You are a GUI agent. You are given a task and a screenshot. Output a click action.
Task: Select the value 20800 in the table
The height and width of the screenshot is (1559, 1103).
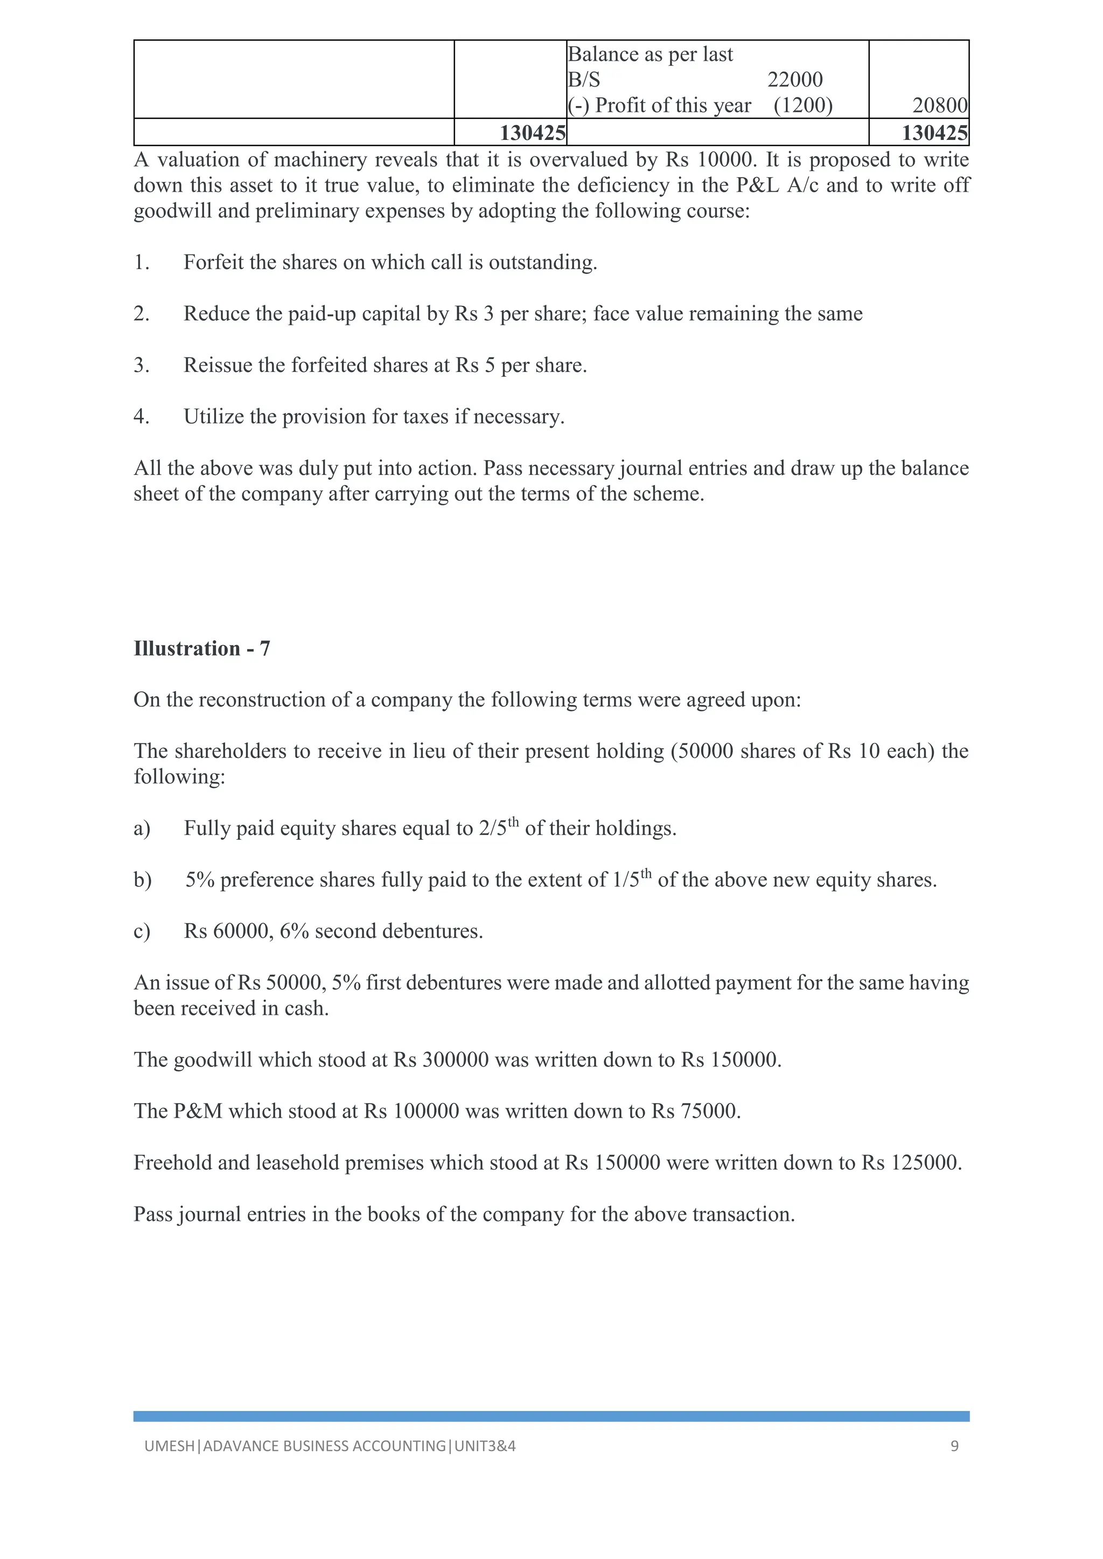(x=940, y=106)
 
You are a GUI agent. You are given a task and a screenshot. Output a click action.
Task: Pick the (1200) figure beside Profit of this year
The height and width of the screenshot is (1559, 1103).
(x=803, y=106)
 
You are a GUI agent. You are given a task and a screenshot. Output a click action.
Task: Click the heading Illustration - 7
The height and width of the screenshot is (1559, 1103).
(x=202, y=649)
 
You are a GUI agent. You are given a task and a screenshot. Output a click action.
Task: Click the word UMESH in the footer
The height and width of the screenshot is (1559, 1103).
(x=169, y=1446)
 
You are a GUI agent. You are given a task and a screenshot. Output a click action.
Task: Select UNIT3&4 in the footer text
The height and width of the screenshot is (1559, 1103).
(x=485, y=1446)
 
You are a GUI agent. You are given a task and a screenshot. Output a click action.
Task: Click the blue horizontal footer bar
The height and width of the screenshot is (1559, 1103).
(x=551, y=1416)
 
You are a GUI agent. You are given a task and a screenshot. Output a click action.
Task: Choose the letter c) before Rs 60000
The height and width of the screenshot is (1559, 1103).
(x=142, y=931)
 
